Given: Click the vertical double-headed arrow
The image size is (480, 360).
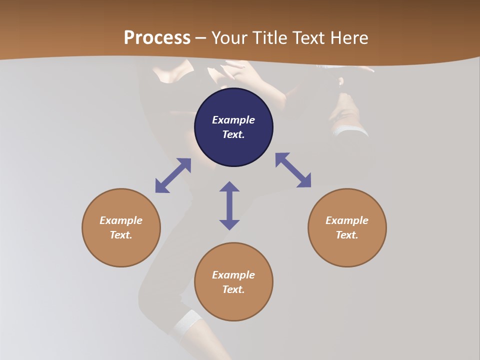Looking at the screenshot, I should [x=229, y=205].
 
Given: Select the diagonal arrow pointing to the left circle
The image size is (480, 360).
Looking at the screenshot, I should [x=173, y=175].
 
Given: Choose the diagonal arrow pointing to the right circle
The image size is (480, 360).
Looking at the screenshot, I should [x=293, y=170].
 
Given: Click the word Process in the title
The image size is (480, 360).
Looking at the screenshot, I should [x=157, y=37].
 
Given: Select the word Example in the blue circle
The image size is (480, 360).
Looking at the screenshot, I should [x=233, y=120].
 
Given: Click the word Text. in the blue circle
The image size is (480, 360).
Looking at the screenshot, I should [x=233, y=134].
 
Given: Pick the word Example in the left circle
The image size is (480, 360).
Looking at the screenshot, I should [x=121, y=220].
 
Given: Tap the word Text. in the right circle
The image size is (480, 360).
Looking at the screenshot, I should [x=347, y=235].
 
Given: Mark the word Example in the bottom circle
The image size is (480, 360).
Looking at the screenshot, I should [x=233, y=275].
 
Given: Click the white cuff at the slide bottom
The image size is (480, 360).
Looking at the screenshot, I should [x=186, y=322].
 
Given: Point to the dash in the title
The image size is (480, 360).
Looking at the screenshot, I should [x=201, y=38].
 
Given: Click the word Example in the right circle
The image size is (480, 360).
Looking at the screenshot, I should [x=347, y=220].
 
